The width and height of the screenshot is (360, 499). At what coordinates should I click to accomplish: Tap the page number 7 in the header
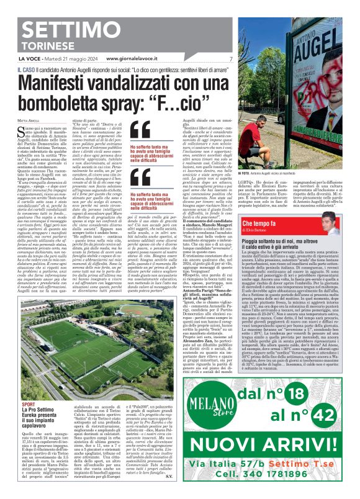[231, 58]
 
